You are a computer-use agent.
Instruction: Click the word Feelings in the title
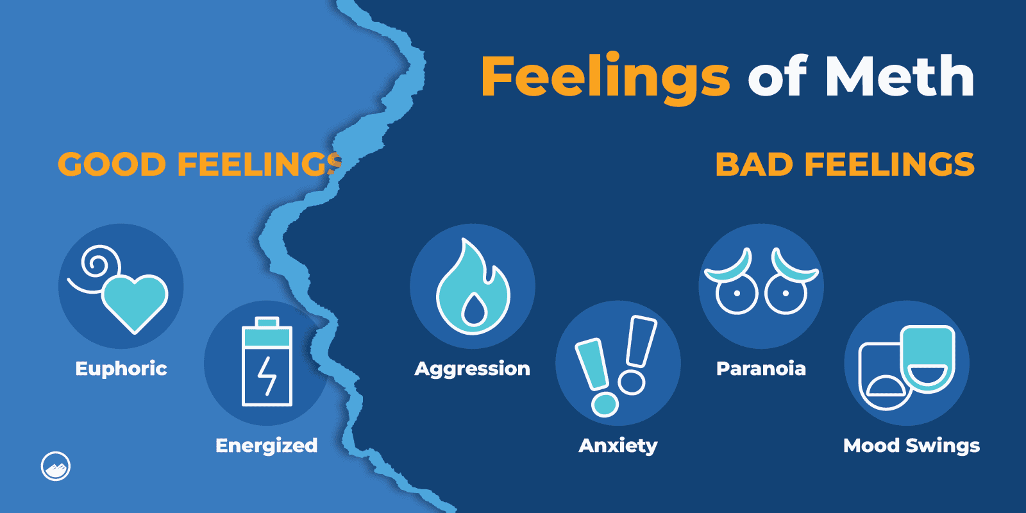click(605, 77)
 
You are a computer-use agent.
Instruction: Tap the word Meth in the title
click(899, 77)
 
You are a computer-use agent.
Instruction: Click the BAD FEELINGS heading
click(845, 164)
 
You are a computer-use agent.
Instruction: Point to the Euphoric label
click(121, 369)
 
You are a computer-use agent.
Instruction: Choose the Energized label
click(266, 446)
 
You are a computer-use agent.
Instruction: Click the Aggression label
click(472, 369)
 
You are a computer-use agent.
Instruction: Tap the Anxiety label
click(618, 446)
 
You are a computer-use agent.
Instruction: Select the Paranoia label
click(761, 369)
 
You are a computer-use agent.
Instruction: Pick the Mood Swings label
click(911, 446)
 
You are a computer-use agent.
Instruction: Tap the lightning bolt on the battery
click(267, 375)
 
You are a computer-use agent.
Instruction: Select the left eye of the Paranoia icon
click(736, 294)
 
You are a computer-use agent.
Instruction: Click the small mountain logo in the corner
click(56, 466)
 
